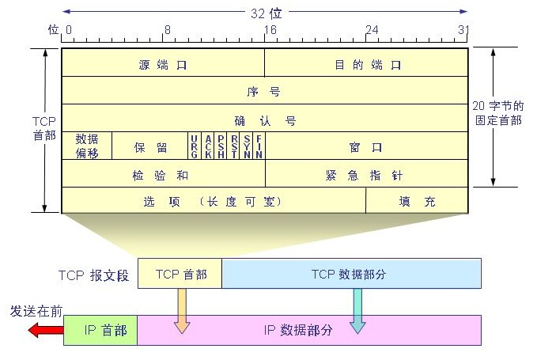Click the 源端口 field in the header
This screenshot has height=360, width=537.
point(162,63)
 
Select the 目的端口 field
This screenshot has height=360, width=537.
point(367,63)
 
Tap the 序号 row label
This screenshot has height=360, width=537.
point(264,91)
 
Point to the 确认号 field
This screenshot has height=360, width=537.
point(264,119)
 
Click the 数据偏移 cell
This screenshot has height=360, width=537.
point(87,146)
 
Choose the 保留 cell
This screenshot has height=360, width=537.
point(150,146)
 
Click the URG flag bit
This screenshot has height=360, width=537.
point(194,146)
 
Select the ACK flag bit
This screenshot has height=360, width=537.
point(208,146)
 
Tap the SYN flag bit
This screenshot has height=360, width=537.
point(247,146)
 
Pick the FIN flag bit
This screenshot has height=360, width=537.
point(259,146)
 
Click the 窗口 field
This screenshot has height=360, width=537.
point(366,146)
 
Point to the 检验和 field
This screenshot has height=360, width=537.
point(162,174)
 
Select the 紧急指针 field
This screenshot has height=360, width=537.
point(366,174)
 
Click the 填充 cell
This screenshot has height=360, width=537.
point(417,201)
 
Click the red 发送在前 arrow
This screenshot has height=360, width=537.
point(43,330)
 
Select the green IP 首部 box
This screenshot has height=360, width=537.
point(100,330)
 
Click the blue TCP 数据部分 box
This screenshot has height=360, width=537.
point(350,274)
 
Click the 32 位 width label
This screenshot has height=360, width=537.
point(265,11)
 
